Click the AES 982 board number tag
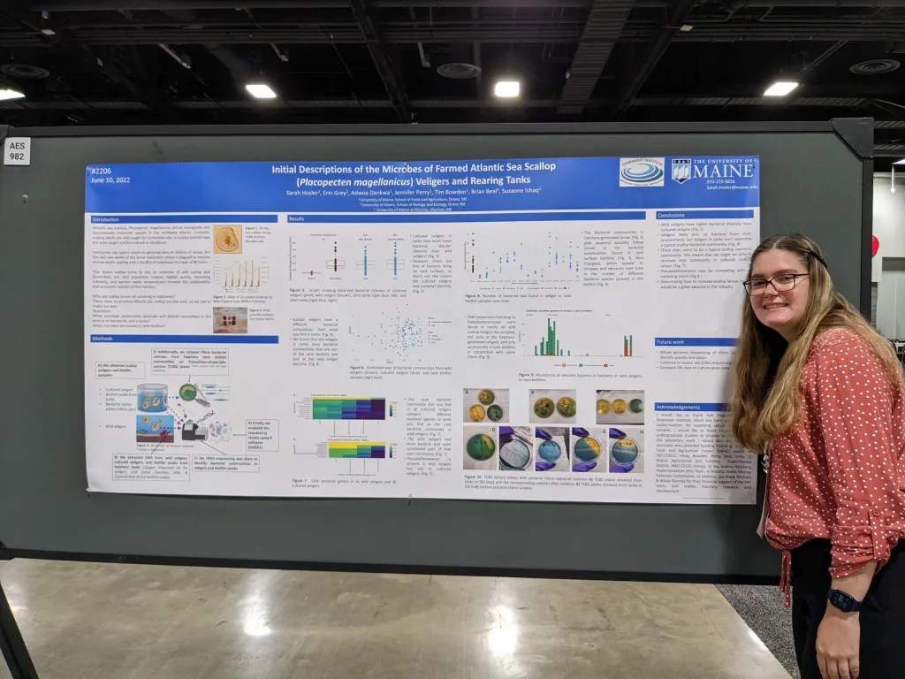(17, 151)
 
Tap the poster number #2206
(103, 170)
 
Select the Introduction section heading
(106, 219)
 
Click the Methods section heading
(103, 339)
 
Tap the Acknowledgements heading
(680, 407)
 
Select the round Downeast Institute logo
(642, 172)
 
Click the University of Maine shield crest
(681, 170)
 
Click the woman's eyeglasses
(775, 283)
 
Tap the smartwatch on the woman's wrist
(844, 600)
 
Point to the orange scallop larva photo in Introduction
(227, 239)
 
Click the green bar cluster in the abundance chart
(549, 339)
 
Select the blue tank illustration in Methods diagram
(152, 397)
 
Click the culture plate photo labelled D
(480, 447)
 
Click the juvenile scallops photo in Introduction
(230, 318)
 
